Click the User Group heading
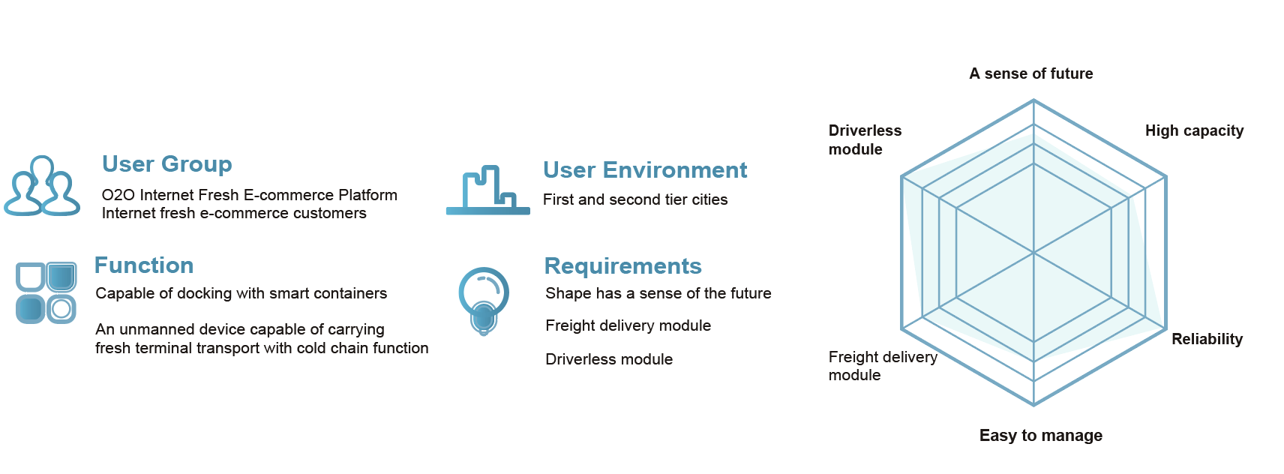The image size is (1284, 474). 166,164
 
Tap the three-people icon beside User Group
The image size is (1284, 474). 42,187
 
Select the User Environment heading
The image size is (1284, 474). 645,170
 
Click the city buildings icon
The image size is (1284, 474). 488,191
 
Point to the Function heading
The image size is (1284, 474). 144,265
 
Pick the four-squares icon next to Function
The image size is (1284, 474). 46,292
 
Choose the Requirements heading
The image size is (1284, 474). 622,266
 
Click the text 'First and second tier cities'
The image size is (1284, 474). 635,199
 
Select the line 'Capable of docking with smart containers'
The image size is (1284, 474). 241,293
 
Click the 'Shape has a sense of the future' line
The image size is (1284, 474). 658,293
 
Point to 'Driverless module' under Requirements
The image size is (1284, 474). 609,359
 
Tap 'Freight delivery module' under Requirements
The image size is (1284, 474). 628,325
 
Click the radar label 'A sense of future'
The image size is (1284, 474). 1030,73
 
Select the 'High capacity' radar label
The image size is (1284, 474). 1194,130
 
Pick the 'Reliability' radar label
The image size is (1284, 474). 1207,339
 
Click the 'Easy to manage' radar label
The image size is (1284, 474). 1040,436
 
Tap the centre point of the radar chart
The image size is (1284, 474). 1033,253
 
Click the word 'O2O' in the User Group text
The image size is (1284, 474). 118,195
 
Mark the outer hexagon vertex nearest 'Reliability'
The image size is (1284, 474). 1165,329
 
